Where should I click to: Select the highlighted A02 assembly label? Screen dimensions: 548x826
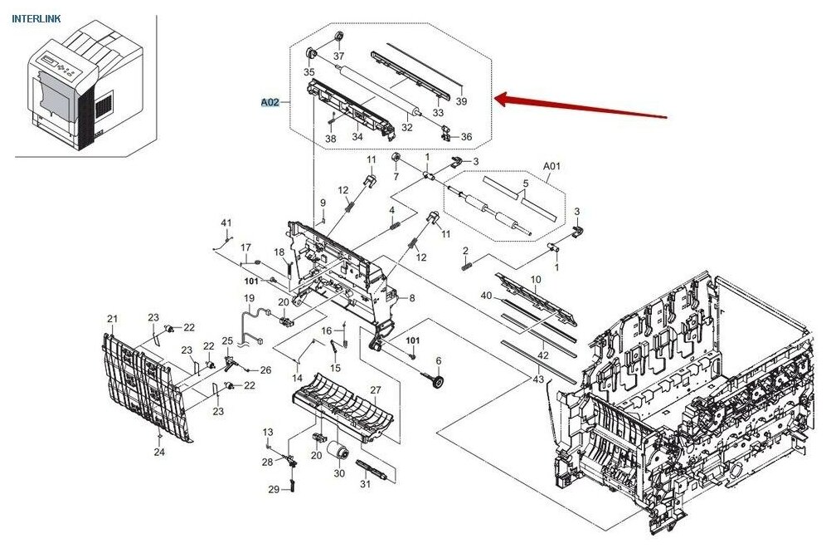point(270,103)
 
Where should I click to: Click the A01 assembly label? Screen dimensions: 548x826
point(551,166)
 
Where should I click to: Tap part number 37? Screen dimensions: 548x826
point(338,56)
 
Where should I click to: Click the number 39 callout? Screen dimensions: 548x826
point(462,101)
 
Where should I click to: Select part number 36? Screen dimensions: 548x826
point(466,137)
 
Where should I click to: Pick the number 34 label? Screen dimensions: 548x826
point(357,137)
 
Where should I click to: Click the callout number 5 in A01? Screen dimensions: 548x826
point(525,183)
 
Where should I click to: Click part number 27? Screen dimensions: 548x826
point(375,389)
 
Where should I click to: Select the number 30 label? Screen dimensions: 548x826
point(339,474)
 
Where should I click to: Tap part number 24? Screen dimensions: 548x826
point(158,453)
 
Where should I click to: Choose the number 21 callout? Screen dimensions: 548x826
point(113,319)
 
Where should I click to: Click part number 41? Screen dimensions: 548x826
point(226,223)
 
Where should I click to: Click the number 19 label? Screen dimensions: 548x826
point(249,298)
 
